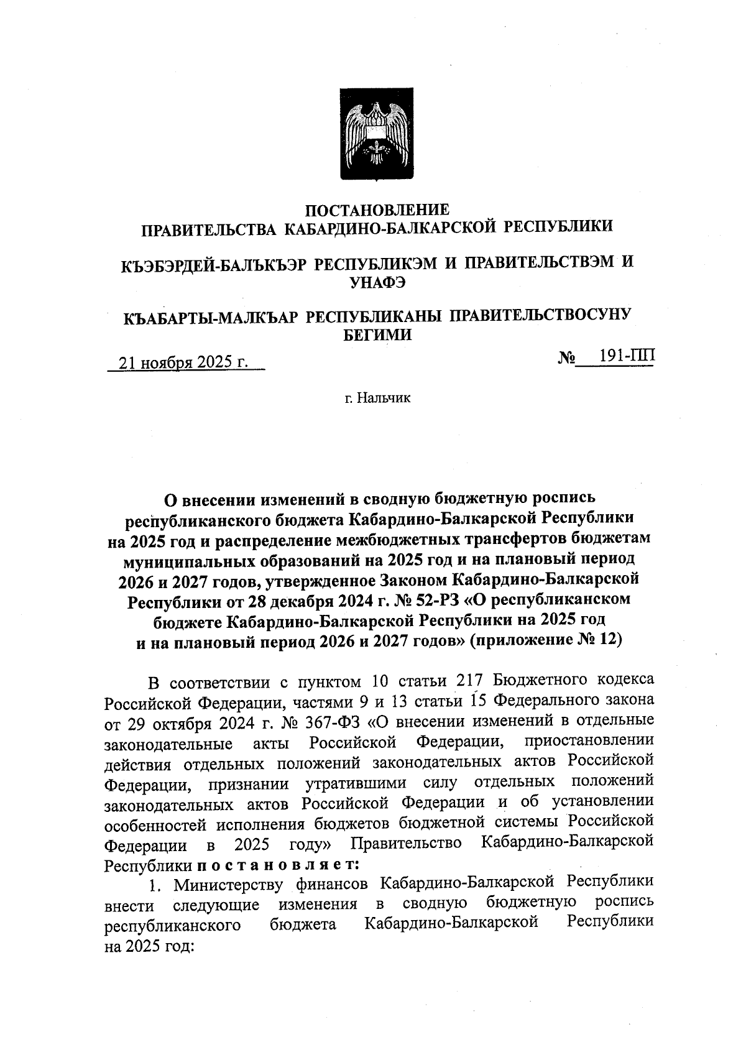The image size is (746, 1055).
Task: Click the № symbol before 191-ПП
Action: [x=566, y=359]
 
